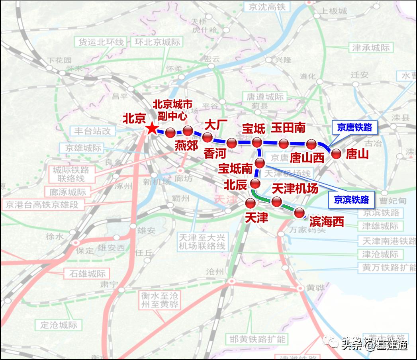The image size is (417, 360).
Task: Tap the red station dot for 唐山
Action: click(336, 154)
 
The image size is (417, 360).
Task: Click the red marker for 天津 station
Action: click(250, 203)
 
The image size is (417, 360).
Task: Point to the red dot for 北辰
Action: click(255, 184)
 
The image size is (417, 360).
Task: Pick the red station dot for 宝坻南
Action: click(260, 163)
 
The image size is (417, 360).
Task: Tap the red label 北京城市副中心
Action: click(173, 110)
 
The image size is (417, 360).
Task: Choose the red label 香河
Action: click(215, 153)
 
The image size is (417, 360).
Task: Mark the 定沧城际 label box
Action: click(59, 325)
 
